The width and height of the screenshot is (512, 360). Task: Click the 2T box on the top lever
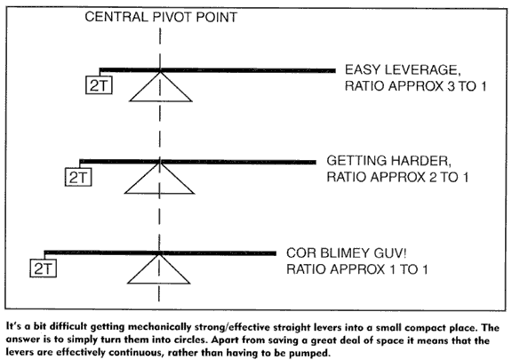(x=99, y=85)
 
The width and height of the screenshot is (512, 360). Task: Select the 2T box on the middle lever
(x=78, y=177)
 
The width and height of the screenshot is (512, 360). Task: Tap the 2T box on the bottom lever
(x=43, y=268)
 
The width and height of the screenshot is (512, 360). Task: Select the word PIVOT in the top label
(x=173, y=17)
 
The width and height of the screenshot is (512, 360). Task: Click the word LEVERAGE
(x=422, y=70)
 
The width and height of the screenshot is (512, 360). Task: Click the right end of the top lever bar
(x=335, y=70)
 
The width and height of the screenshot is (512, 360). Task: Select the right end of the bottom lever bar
(x=276, y=253)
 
